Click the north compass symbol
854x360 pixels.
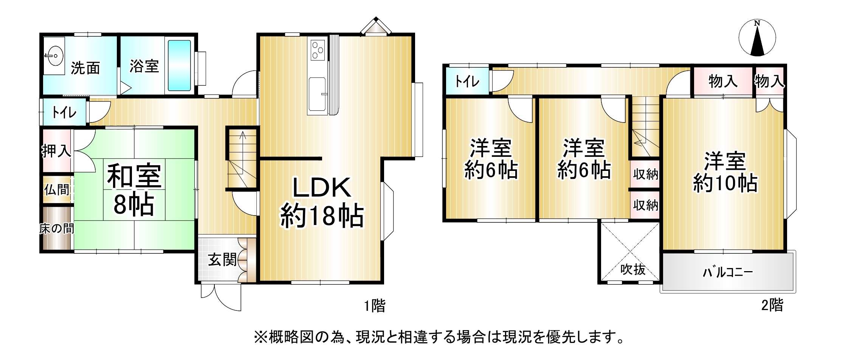tap(757, 38)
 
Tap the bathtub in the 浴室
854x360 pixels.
tap(179, 65)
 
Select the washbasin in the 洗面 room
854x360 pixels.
tap(54, 57)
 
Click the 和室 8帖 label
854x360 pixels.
tap(134, 189)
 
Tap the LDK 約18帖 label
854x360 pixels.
tap(322, 202)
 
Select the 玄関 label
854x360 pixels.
tap(222, 260)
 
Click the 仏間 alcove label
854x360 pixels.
tap(57, 189)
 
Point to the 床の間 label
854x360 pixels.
tap(57, 228)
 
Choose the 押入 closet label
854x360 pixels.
tap(56, 151)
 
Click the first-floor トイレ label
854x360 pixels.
tap(64, 112)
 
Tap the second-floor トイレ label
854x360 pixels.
tap(467, 81)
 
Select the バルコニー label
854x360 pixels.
tap(728, 272)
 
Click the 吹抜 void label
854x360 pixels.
tap(633, 269)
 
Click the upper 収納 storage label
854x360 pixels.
tap(646, 174)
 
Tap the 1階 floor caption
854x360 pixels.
tap(375, 306)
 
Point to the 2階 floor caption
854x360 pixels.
tap(772, 305)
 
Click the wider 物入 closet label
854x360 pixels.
tap(723, 81)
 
